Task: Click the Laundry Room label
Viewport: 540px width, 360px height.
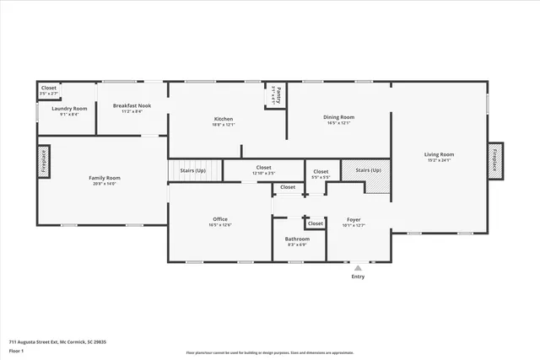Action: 69,109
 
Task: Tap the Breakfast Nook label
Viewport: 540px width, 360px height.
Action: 132,105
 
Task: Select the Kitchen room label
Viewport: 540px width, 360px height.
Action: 223,119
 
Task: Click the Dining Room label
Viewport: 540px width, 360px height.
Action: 337,117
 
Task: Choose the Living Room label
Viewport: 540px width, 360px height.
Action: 439,154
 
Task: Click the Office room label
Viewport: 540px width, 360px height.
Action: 220,219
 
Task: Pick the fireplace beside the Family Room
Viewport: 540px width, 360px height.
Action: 42,161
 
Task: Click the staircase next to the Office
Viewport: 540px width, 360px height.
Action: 194,170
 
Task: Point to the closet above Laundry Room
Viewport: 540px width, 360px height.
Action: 48,88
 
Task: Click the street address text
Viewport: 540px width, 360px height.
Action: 57,342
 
